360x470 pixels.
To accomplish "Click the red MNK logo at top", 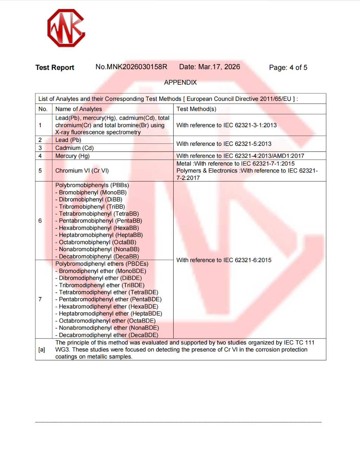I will pyautogui.click(x=66, y=28).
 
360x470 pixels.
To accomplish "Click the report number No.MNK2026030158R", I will pyautogui.click(x=131, y=67).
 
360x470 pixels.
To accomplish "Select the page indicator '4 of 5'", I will pyautogui.click(x=298, y=67).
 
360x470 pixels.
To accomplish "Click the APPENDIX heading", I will pyautogui.click(x=180, y=82).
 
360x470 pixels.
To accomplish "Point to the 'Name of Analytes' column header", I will pyautogui.click(x=78, y=109).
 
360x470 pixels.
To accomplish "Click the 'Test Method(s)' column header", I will pyautogui.click(x=196, y=109).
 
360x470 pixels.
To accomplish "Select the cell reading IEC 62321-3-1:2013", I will pyautogui.click(x=226, y=125).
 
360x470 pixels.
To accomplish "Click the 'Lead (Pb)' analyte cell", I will pyautogui.click(x=68, y=140).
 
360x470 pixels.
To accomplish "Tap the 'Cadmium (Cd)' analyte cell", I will pyautogui.click(x=74, y=148).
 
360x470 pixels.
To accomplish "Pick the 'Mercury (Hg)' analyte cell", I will pyautogui.click(x=72, y=156).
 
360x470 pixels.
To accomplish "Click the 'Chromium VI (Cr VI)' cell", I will pyautogui.click(x=82, y=170).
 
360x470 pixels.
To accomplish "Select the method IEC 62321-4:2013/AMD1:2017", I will pyautogui.click(x=240, y=156).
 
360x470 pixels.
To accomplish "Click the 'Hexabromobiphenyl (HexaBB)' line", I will pyautogui.click(x=98, y=228).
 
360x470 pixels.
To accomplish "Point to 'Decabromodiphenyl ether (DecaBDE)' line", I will pyautogui.click(x=108, y=335).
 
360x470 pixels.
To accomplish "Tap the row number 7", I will pyautogui.click(x=40, y=299).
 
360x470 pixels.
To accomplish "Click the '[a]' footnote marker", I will pyautogui.click(x=42, y=349).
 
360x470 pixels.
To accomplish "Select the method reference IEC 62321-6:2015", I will pyautogui.click(x=224, y=260).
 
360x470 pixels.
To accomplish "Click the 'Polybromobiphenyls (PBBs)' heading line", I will pyautogui.click(x=92, y=185).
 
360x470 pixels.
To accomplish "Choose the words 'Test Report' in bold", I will pyautogui.click(x=55, y=67).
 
